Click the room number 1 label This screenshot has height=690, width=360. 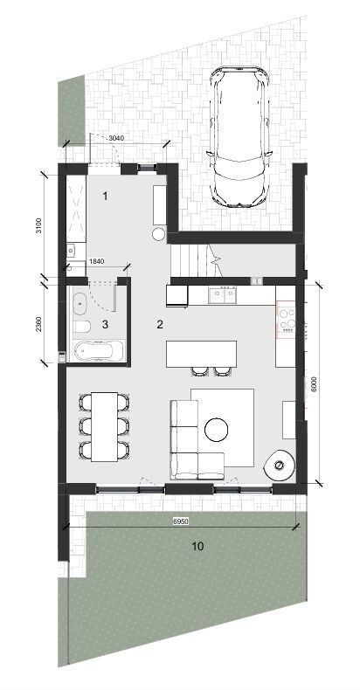click(x=105, y=197)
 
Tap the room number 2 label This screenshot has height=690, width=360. click(x=160, y=325)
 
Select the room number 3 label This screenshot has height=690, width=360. click(x=105, y=325)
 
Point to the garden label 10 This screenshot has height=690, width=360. click(x=197, y=547)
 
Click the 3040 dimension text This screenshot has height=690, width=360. click(x=116, y=138)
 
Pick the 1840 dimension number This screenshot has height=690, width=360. click(x=96, y=261)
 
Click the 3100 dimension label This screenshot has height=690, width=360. click(x=38, y=225)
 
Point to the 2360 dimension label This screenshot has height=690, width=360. click(x=38, y=324)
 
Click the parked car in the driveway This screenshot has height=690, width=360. click(x=239, y=136)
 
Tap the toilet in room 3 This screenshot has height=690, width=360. click(x=82, y=326)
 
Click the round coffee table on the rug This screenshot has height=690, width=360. click(x=217, y=429)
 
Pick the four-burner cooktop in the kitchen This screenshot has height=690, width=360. click(x=286, y=319)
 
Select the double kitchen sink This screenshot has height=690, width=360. click(x=223, y=295)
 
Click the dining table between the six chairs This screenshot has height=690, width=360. click(x=104, y=426)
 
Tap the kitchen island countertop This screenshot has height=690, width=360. click(x=202, y=354)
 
